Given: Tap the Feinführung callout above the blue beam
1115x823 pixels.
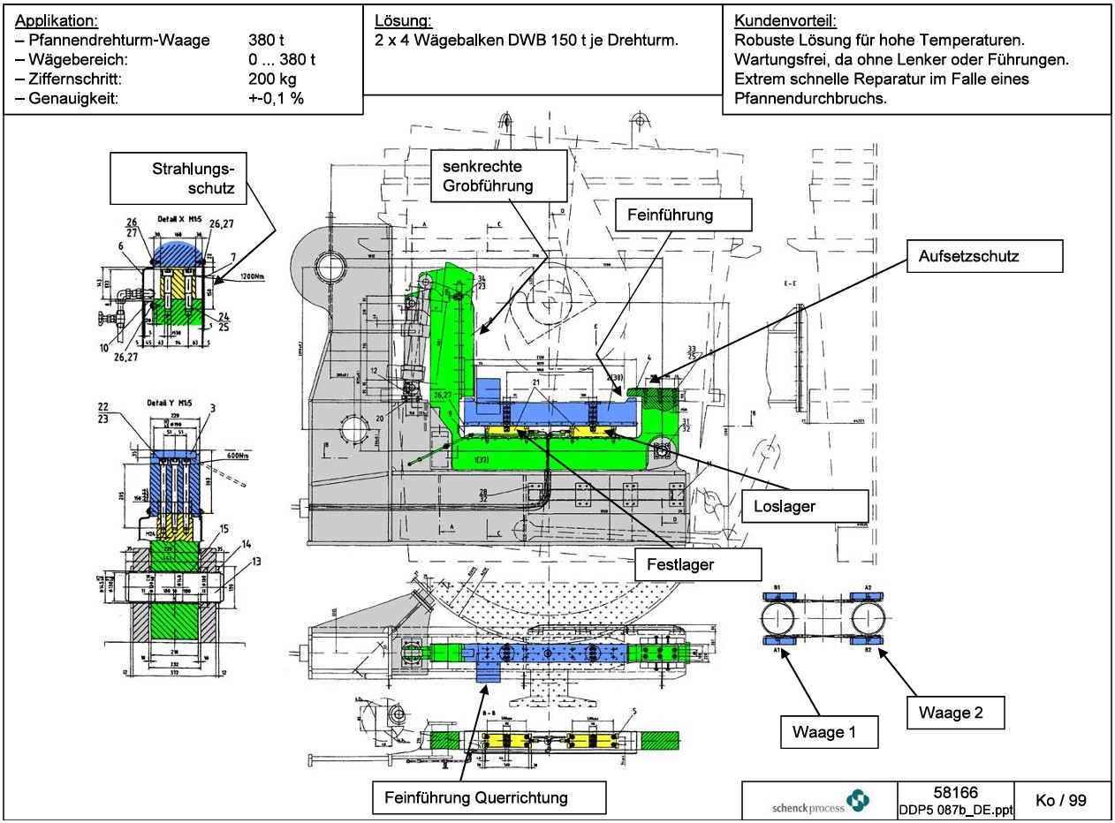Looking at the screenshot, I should coord(682,215).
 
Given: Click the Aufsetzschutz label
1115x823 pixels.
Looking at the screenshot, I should coord(983,257).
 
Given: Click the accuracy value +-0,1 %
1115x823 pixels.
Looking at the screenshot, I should coord(276,98).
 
